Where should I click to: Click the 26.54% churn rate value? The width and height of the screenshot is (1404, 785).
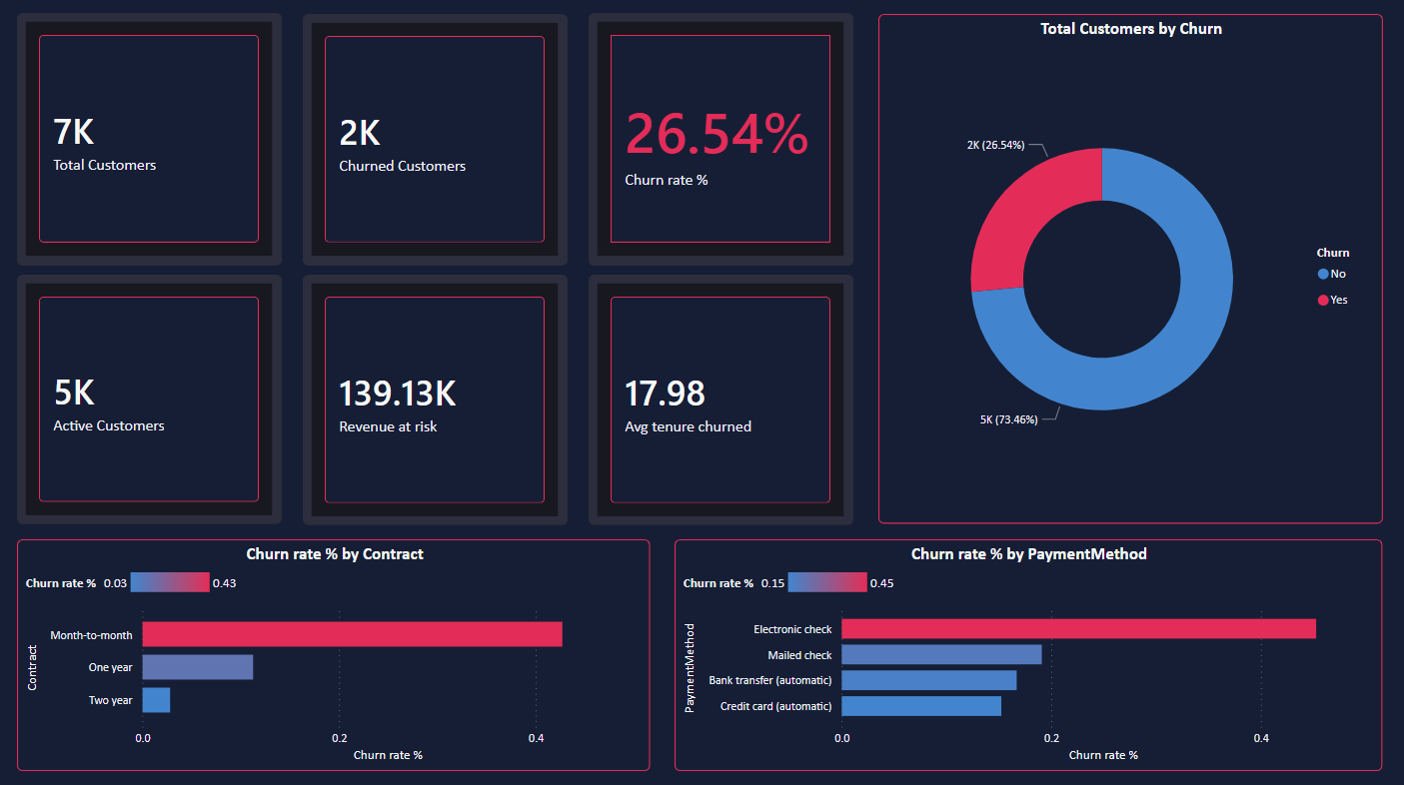pos(715,135)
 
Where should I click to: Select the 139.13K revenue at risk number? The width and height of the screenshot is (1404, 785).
pos(397,393)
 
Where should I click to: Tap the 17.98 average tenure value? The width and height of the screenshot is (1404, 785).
pos(665,393)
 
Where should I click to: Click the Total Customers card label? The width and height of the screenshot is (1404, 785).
pos(105,166)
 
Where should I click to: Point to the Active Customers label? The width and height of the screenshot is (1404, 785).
pos(109,426)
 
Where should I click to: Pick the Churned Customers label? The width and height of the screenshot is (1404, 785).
pos(402,167)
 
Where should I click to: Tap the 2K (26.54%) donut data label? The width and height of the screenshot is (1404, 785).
pos(995,145)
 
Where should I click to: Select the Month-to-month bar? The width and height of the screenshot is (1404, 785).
pos(352,634)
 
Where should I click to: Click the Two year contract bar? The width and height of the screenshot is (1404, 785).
pos(156,700)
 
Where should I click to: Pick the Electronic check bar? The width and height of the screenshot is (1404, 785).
pos(1077,628)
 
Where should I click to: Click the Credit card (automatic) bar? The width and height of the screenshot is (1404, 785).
pos(920,706)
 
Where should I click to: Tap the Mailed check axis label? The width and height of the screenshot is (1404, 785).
pos(799,655)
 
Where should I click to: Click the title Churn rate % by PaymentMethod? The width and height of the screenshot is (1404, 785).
pos(1028,553)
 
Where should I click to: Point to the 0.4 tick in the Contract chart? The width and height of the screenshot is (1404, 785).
pos(536,738)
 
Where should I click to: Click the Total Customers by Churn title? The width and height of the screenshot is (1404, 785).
pos(1130,29)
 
